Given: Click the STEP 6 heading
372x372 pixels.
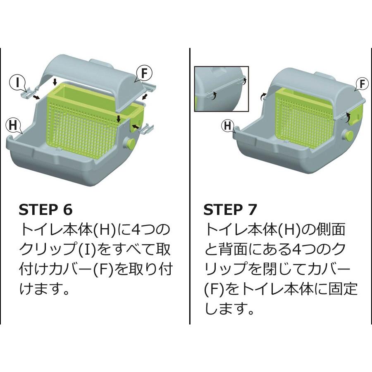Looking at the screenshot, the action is pyautogui.click(x=45, y=210).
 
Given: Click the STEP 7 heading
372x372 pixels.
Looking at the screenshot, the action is pyautogui.click(x=230, y=210).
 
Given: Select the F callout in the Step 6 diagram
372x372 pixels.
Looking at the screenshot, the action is pyautogui.click(x=144, y=74).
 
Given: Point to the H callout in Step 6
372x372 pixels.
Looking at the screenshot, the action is pyautogui.click(x=13, y=125).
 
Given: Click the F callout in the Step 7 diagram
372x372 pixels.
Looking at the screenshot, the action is pyautogui.click(x=361, y=83).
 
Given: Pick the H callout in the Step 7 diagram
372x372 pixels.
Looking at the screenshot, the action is pyautogui.click(x=228, y=126).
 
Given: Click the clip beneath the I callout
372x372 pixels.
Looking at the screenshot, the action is pyautogui.click(x=28, y=93).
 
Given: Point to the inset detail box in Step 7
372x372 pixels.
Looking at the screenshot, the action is pyautogui.click(x=222, y=89).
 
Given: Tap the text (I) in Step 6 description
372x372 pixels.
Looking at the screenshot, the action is pyautogui.click(x=87, y=250).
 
